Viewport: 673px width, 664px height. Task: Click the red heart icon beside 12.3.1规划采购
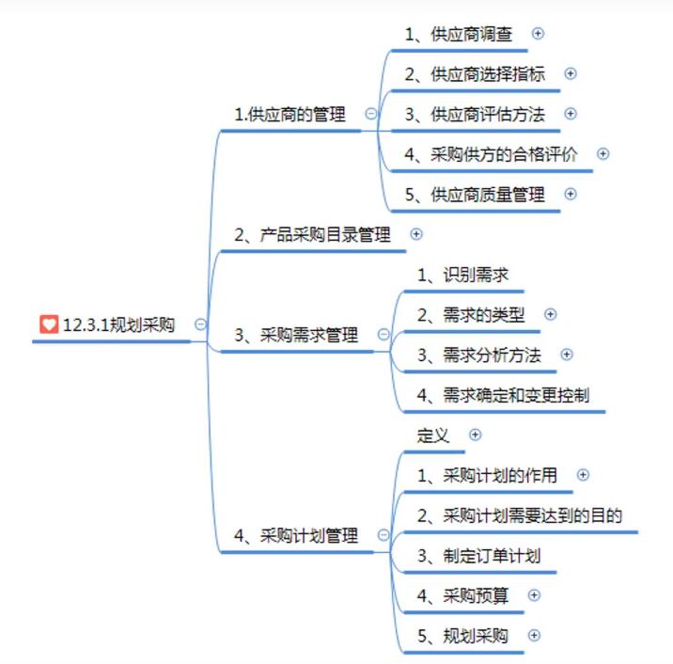(x=49, y=324)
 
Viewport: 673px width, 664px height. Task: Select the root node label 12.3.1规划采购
(x=117, y=325)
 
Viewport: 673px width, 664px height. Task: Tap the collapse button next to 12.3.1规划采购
(x=200, y=324)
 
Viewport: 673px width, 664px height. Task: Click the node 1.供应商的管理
(x=290, y=115)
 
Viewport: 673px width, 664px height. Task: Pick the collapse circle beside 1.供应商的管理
(x=371, y=114)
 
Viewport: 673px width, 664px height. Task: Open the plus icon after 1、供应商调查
(x=538, y=33)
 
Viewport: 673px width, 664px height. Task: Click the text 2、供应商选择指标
(x=475, y=73)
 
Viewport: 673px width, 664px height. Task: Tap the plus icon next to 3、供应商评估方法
(x=571, y=114)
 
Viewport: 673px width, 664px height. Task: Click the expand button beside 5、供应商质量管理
(x=570, y=194)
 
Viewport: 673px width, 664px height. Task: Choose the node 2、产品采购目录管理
(x=312, y=234)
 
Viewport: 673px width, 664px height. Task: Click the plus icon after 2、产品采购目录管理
(x=416, y=234)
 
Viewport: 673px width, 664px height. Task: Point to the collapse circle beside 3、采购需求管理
(x=383, y=334)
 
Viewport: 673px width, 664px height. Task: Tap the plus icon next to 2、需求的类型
(x=551, y=314)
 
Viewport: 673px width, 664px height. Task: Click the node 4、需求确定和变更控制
(x=503, y=395)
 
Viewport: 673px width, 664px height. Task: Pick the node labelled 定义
(x=433, y=435)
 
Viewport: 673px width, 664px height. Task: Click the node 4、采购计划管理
(x=296, y=535)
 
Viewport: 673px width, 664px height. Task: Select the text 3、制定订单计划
(x=478, y=556)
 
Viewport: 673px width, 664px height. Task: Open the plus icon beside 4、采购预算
(x=535, y=594)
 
